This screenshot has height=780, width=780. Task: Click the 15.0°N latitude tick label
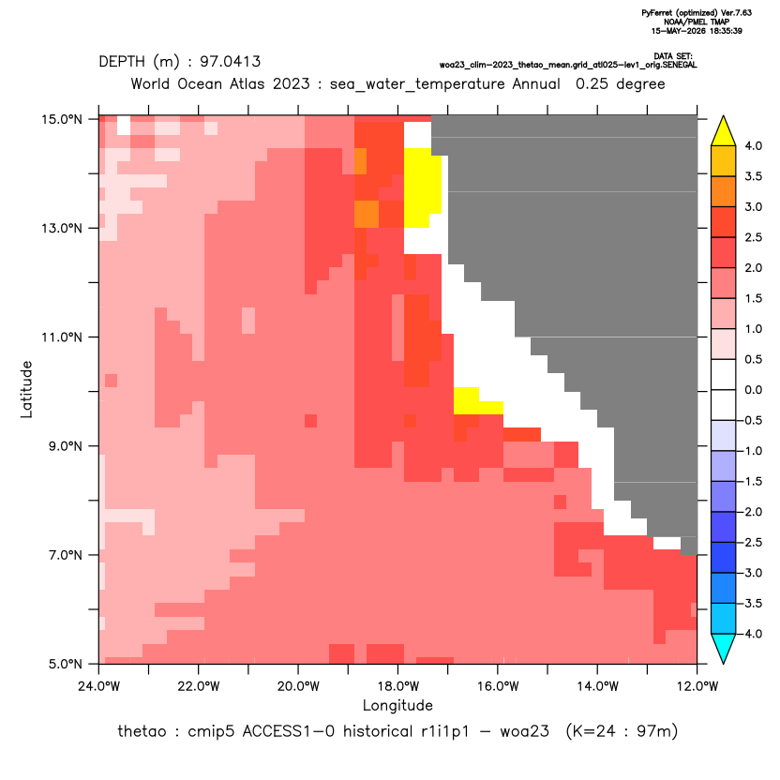[x=62, y=119]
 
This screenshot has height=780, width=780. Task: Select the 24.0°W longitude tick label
[x=99, y=686]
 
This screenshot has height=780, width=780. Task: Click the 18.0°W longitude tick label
[x=397, y=686]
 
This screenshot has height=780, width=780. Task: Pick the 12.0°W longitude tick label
[x=697, y=686]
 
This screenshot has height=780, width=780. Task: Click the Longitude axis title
[x=397, y=705]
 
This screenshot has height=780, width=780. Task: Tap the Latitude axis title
[x=26, y=389]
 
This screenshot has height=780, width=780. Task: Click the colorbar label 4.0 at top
[x=753, y=145]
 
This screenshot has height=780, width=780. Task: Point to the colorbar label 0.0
[x=753, y=390]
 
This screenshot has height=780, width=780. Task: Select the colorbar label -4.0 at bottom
[x=750, y=634]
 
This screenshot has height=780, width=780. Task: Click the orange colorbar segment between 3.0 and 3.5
[x=724, y=191]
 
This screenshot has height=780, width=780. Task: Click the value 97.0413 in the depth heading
[x=231, y=62]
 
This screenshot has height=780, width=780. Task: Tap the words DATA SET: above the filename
[x=673, y=56]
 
